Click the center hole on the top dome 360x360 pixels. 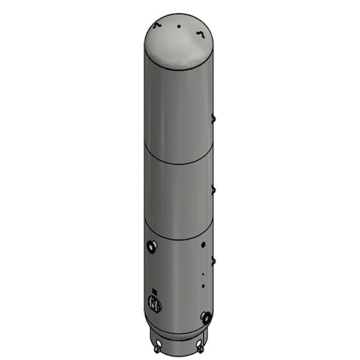click(x=179, y=26)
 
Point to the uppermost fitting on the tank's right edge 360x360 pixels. click(x=213, y=118)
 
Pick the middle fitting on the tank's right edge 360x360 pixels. click(x=213, y=190)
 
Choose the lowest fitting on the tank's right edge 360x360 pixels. click(x=213, y=260)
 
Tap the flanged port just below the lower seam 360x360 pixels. click(x=151, y=245)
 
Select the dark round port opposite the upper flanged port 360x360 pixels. click(x=204, y=245)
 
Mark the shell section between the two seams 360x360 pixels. click(x=179, y=198)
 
